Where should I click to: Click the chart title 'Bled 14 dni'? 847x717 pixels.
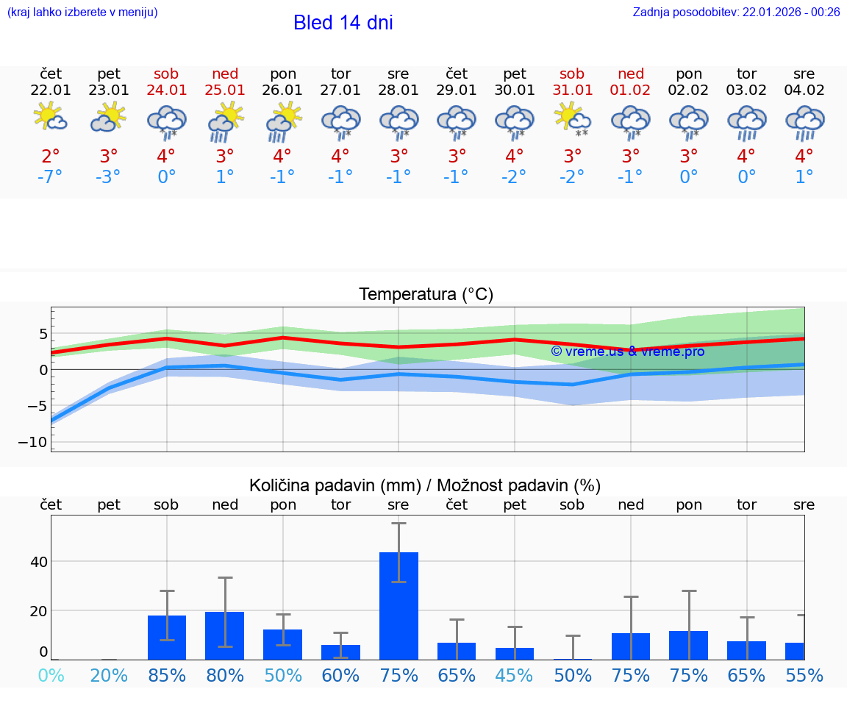click(x=343, y=23)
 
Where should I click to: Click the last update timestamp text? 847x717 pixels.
click(x=736, y=12)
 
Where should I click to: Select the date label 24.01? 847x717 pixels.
click(x=166, y=90)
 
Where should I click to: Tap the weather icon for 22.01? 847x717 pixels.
click(x=51, y=118)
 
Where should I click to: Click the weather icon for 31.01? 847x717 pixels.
click(x=572, y=118)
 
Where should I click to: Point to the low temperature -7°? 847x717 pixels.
click(x=51, y=177)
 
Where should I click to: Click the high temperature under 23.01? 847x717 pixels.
click(x=109, y=157)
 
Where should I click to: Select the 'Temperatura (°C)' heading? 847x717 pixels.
click(x=426, y=295)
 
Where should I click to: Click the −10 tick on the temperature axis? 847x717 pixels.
click(x=32, y=442)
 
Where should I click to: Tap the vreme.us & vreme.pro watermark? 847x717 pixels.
click(x=627, y=352)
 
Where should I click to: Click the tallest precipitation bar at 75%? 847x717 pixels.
click(x=399, y=605)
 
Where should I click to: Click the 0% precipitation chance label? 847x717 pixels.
click(x=51, y=675)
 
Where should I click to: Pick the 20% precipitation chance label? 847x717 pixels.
click(x=109, y=675)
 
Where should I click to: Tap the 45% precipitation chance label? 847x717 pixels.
click(x=515, y=675)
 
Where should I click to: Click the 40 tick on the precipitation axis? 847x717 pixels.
click(x=38, y=562)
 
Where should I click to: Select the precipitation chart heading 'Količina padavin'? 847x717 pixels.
click(x=425, y=485)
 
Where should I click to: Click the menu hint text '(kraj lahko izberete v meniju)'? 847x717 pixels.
click(x=82, y=12)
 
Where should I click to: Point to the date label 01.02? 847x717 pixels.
click(x=630, y=90)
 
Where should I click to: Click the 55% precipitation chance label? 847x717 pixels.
click(x=804, y=675)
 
